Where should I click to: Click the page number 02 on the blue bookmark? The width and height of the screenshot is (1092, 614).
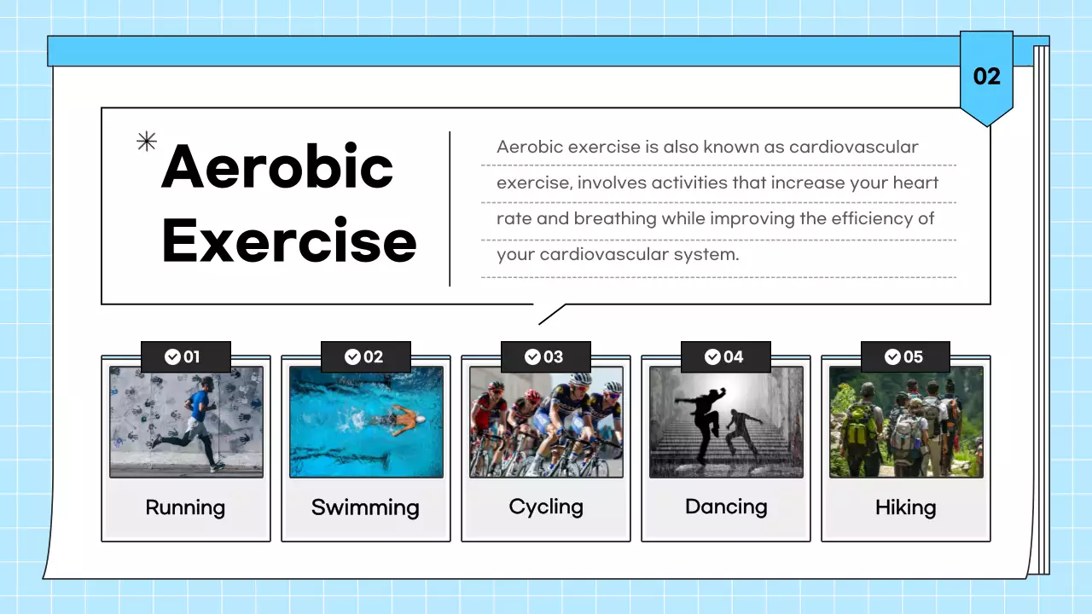tap(986, 77)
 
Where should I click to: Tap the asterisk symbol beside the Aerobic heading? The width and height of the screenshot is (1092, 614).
tap(147, 142)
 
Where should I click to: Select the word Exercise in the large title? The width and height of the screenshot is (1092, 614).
tap(289, 240)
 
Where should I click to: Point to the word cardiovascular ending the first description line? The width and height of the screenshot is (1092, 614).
tap(853, 147)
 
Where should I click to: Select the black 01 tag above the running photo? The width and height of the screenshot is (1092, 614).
tap(185, 356)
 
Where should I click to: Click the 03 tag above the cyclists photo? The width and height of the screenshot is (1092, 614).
tap(545, 356)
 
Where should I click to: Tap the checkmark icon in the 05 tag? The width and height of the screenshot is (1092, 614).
tap(892, 356)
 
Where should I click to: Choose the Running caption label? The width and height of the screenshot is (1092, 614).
tap(185, 507)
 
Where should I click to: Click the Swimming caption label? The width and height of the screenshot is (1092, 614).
tap(365, 507)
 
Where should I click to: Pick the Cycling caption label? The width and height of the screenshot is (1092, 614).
tap(546, 507)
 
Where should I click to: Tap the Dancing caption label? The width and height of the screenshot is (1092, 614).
tap(726, 507)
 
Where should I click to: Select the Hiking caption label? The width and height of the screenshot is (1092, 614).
tap(905, 507)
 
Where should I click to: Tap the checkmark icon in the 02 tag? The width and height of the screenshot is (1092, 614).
tap(352, 356)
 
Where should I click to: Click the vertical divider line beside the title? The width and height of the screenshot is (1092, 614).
tap(450, 209)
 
